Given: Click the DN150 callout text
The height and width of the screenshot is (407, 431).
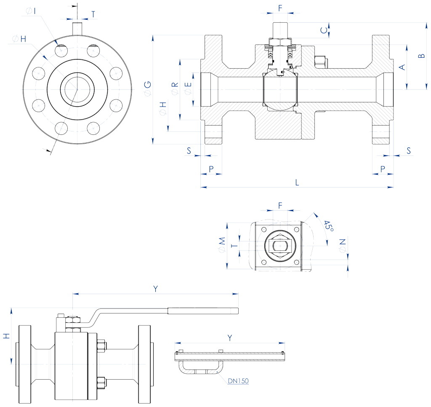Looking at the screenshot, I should click(238, 381).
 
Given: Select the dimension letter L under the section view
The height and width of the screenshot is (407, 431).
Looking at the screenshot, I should click(297, 182).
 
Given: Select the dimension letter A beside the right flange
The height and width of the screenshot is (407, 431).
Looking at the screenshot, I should click(402, 67).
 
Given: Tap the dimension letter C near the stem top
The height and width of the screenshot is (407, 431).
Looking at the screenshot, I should click(323, 30).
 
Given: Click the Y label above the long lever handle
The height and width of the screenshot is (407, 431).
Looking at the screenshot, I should click(155, 289).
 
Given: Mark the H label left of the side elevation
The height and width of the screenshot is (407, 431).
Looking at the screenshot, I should click(6, 336).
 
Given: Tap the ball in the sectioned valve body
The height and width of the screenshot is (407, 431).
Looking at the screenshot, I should click(280, 90).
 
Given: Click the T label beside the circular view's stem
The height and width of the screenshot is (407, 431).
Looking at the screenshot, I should click(93, 13).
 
